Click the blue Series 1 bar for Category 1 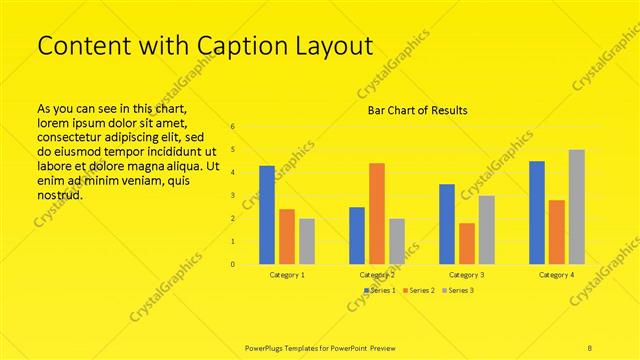tap(267, 215)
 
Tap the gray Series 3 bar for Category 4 tap(577, 207)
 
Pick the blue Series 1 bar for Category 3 tap(447, 224)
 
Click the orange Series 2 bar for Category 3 tap(467, 243)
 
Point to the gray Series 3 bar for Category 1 tap(307, 241)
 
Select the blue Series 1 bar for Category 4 tap(537, 212)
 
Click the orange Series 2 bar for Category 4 tap(557, 232)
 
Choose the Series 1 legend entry tap(380, 290)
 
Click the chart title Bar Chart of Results tap(412, 110)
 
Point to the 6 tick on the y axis tap(232, 127)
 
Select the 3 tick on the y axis tap(232, 196)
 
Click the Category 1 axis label tap(287, 274)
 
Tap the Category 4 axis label tap(557, 274)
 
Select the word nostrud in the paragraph tap(59, 194)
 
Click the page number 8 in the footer tap(590, 346)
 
